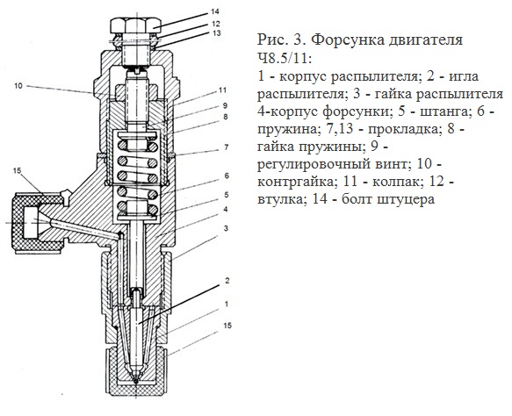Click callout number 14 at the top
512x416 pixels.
tap(214, 12)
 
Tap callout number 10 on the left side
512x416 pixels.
tap(18, 86)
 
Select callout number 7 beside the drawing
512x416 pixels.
tap(226, 147)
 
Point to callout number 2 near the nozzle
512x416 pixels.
tap(227, 281)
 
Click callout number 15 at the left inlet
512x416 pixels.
tap(17, 170)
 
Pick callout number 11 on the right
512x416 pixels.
tap(222, 90)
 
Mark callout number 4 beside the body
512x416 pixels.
tap(226, 209)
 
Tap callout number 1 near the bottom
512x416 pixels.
tap(226, 304)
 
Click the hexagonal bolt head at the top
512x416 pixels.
tap(136, 25)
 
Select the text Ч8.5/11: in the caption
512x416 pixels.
tap(285, 59)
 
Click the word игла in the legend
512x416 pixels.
tap(464, 76)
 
